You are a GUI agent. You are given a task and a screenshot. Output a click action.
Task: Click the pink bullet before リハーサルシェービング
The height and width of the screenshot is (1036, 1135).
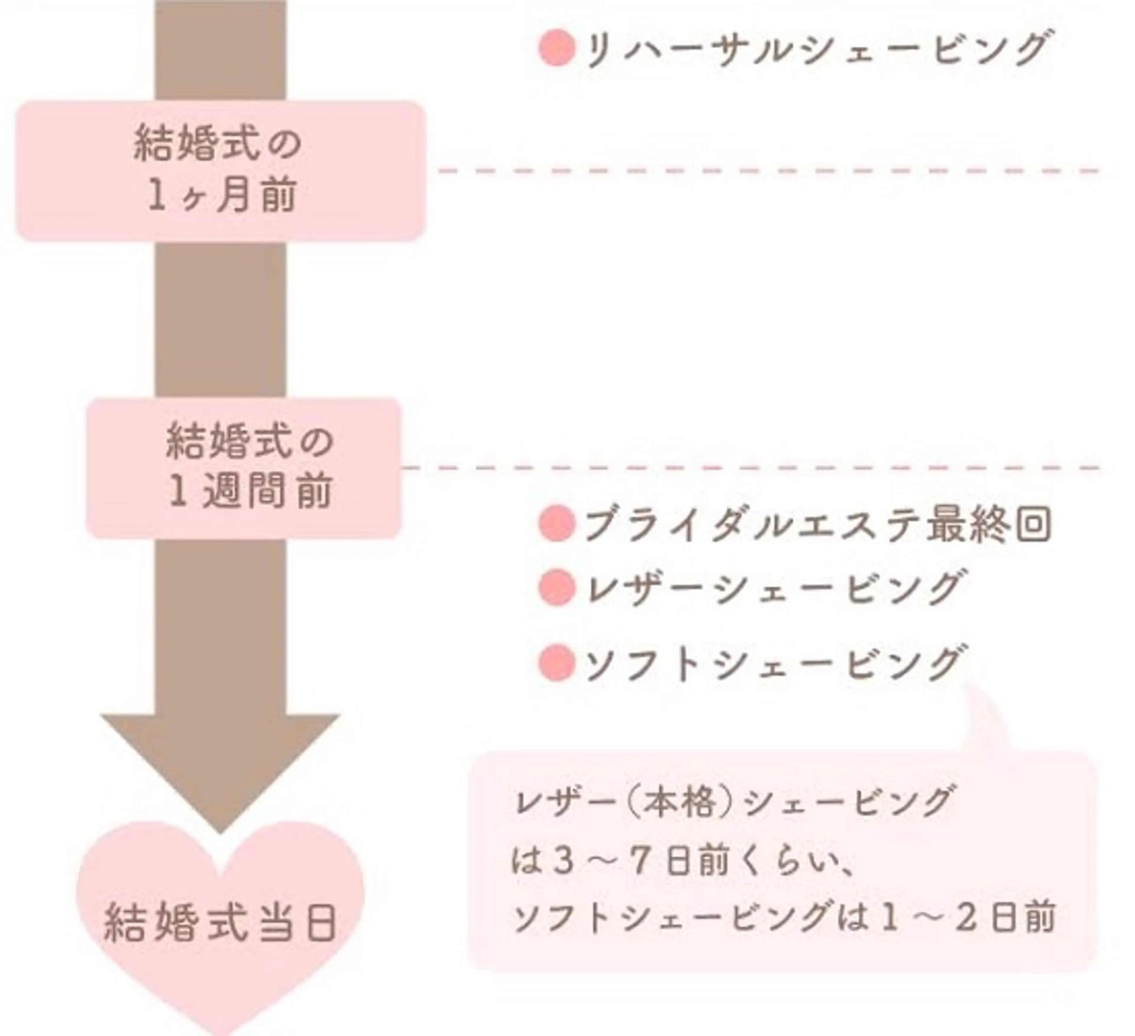click(x=556, y=49)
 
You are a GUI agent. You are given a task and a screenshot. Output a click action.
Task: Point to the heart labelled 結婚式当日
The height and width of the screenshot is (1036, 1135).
click(x=221, y=923)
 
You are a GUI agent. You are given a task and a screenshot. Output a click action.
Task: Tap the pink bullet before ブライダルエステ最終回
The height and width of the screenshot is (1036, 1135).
click(x=556, y=524)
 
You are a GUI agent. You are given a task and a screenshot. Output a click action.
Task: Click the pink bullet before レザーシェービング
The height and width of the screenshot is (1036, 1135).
click(x=556, y=587)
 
